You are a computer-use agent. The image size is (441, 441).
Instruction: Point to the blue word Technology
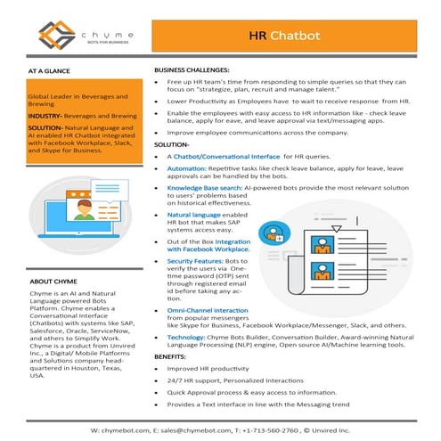pos(190,339)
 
